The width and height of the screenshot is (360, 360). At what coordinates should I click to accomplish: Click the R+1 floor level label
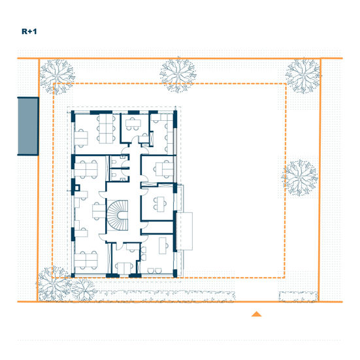[x=29, y=31]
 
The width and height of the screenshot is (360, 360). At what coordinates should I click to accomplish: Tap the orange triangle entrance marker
[x=256, y=314]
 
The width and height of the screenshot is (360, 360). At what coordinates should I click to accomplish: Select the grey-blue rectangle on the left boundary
[x=28, y=126]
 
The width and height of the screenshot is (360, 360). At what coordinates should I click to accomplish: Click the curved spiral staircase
[x=118, y=215]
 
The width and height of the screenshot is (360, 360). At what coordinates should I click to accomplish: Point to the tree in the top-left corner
[x=57, y=76]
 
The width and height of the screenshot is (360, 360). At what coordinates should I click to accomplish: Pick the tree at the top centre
[x=178, y=75]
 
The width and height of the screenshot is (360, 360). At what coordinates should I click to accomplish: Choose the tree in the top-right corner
[x=303, y=76]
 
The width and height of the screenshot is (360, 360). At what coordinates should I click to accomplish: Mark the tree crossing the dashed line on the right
[x=300, y=178]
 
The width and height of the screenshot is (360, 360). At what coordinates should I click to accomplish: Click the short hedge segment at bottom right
[x=298, y=297]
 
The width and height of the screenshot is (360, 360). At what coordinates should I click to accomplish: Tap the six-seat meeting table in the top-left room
[x=106, y=129]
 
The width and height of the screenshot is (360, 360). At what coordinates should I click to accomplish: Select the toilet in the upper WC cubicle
[x=114, y=161]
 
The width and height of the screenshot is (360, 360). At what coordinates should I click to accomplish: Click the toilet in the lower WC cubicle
[x=114, y=176]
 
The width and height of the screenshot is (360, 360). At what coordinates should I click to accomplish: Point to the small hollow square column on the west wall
[x=77, y=188]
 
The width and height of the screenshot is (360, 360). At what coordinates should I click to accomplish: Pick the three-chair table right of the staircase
[x=160, y=204]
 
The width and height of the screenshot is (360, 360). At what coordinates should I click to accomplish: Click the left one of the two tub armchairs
[x=151, y=270]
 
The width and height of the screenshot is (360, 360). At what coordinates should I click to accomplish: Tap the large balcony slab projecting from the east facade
[x=184, y=231]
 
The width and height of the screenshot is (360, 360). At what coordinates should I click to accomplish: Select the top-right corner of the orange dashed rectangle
[x=286, y=84]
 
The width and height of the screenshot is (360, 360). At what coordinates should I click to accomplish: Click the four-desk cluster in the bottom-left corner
[x=86, y=260]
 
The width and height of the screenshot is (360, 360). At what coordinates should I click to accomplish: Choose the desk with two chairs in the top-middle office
[x=133, y=123]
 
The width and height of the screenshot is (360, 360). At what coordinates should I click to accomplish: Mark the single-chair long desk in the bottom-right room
[x=163, y=246]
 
